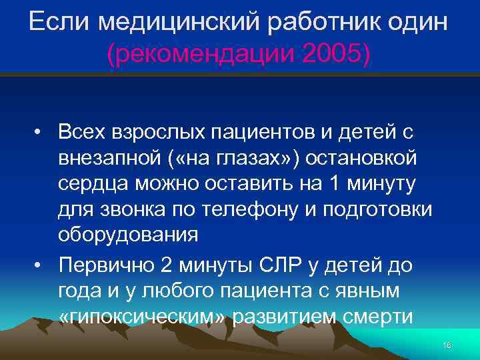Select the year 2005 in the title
pyautogui.click(x=329, y=55)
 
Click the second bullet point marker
pyautogui.click(x=40, y=267)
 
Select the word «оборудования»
pyautogui.click(x=128, y=235)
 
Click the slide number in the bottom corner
pyautogui.click(x=447, y=345)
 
